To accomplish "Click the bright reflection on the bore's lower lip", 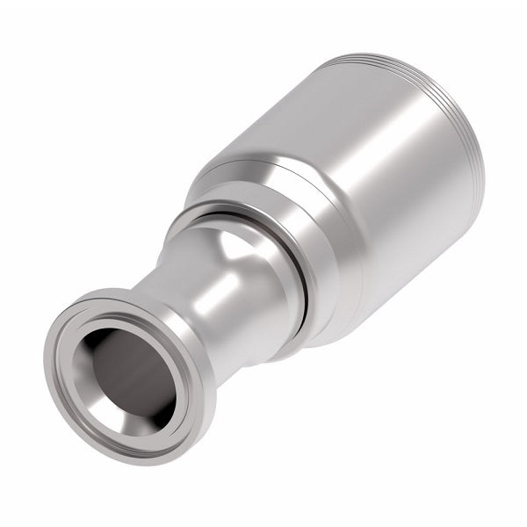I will coord(141,413).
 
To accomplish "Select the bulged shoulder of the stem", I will coord(237,263).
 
